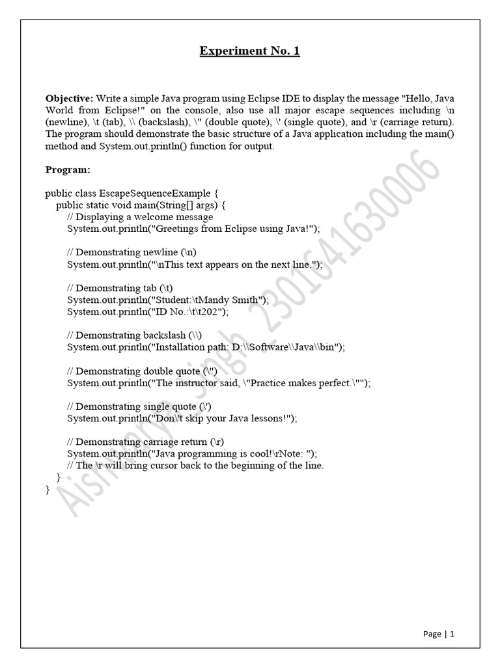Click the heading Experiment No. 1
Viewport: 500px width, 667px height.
(x=249, y=51)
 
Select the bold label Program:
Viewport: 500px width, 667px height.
(x=68, y=169)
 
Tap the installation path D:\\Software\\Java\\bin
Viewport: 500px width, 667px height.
(x=286, y=347)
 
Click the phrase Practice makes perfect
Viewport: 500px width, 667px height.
(x=304, y=383)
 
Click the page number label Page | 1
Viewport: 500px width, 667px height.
(x=438, y=634)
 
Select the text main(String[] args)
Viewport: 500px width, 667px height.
(x=180, y=205)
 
